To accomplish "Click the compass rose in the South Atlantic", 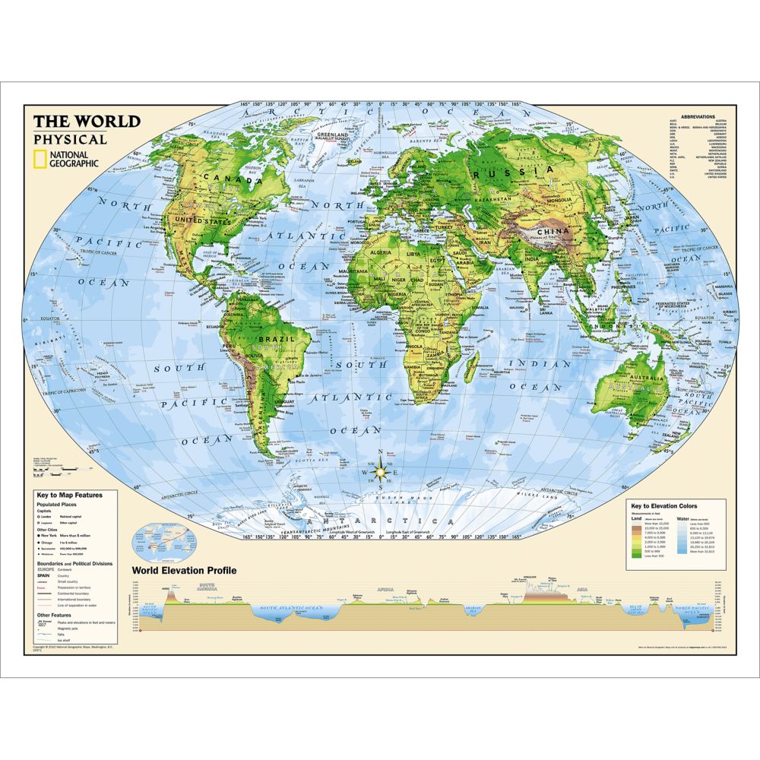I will click(x=381, y=472).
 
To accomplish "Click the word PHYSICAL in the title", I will click(x=70, y=139).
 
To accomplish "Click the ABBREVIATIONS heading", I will click(x=698, y=117).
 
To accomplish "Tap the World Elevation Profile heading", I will click(x=184, y=570).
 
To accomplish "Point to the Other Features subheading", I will click(x=55, y=613).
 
